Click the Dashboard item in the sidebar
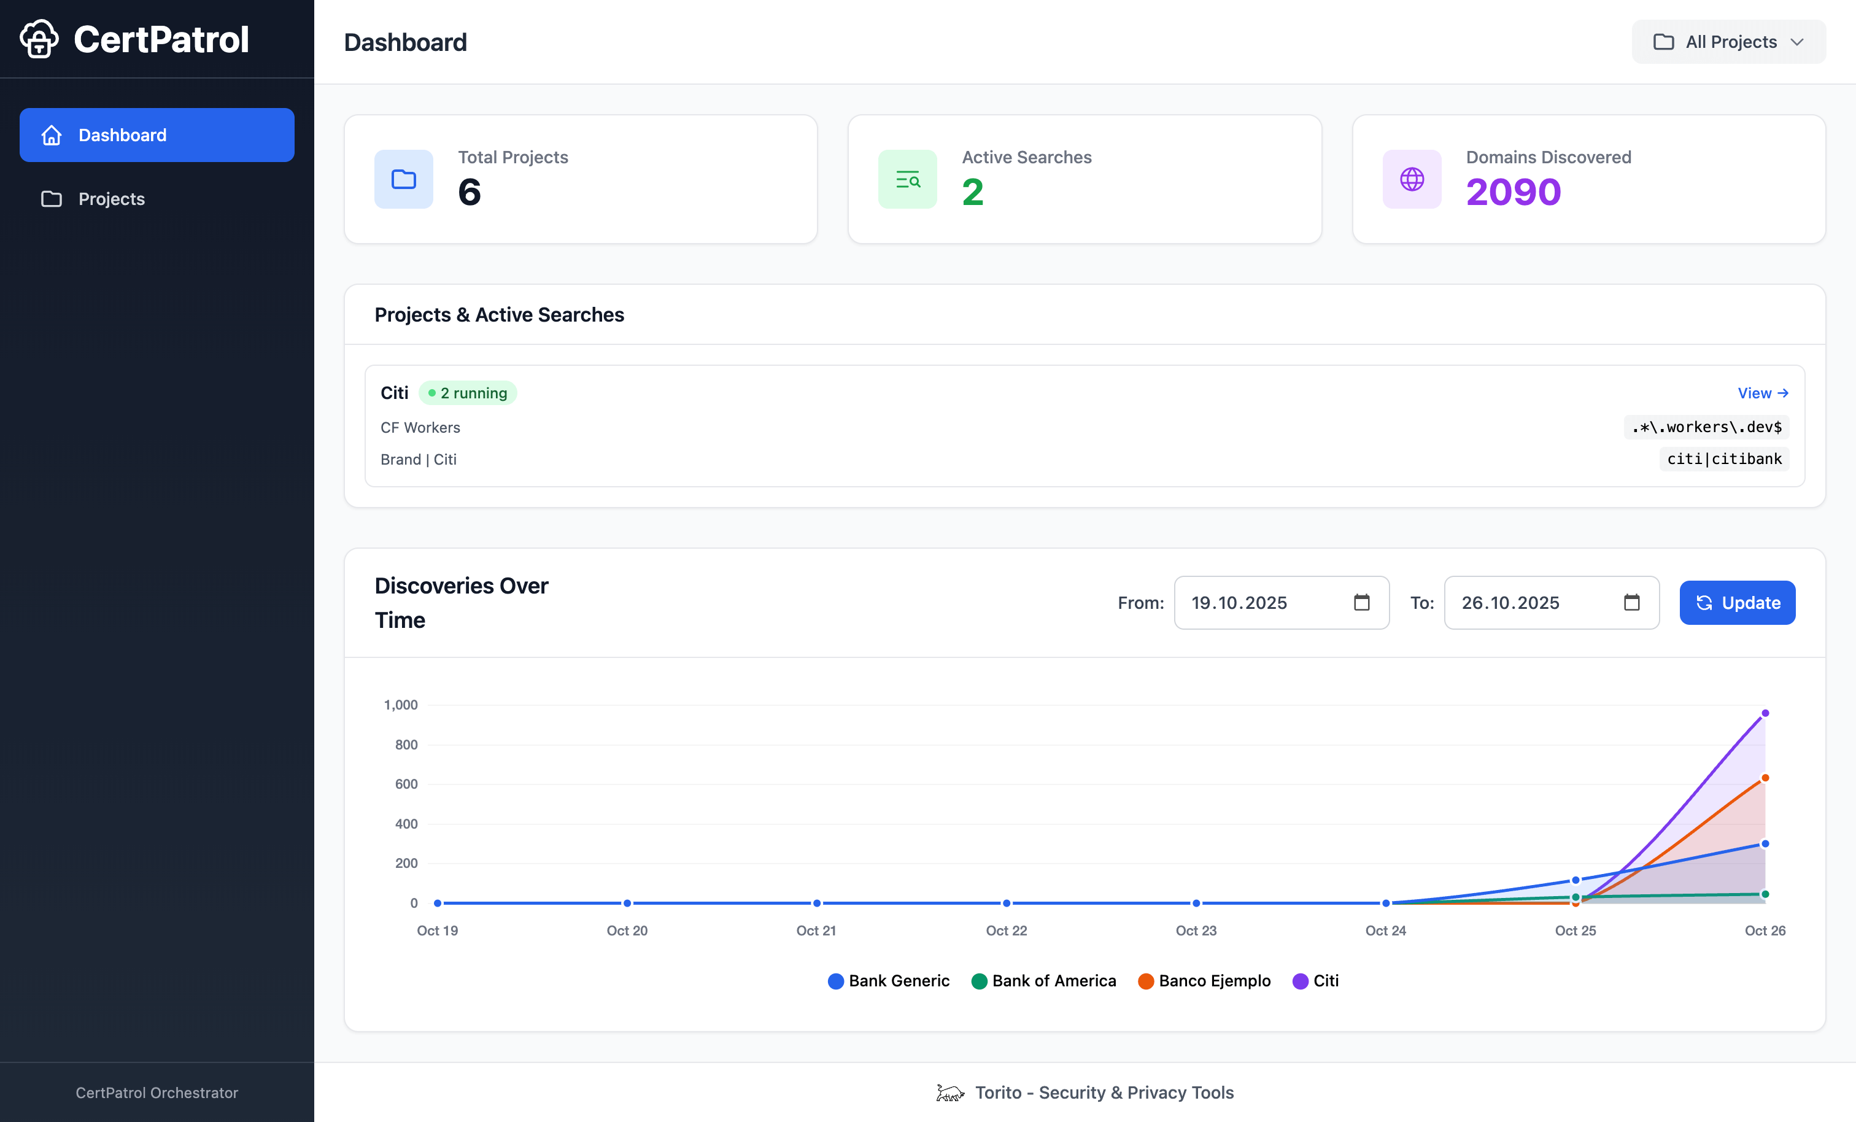pyautogui.click(x=157, y=135)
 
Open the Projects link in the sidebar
pyautogui.click(x=112, y=199)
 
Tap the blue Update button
pyautogui.click(x=1737, y=603)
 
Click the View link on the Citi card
pyautogui.click(x=1762, y=393)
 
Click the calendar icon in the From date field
pyautogui.click(x=1361, y=603)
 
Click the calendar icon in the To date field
pyautogui.click(x=1631, y=603)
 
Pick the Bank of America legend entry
pyautogui.click(x=1044, y=981)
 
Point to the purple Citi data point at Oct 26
pyautogui.click(x=1765, y=713)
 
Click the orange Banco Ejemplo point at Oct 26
pyautogui.click(x=1765, y=778)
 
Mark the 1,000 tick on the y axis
pyautogui.click(x=401, y=705)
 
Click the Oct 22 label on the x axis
pyautogui.click(x=1007, y=930)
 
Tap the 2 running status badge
pyautogui.click(x=467, y=393)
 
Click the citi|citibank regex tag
pyautogui.click(x=1723, y=459)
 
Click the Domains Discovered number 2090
pyautogui.click(x=1514, y=192)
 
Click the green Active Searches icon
pyautogui.click(x=907, y=179)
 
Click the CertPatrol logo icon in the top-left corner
pyautogui.click(x=39, y=39)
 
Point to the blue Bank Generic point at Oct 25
pyautogui.click(x=1575, y=880)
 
